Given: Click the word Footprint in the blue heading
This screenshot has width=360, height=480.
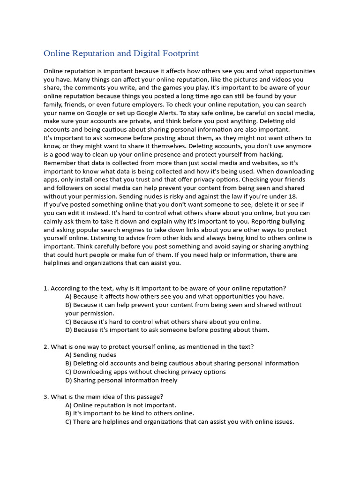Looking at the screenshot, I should (x=181, y=53).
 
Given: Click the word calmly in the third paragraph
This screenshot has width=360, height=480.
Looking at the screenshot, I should (x=55, y=221).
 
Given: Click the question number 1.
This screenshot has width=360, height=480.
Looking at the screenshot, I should (x=45, y=288).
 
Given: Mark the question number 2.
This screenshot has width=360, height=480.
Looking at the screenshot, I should (x=45, y=347).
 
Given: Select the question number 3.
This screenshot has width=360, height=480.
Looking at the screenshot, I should (x=45, y=397).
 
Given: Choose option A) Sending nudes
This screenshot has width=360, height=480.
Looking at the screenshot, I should (x=91, y=355).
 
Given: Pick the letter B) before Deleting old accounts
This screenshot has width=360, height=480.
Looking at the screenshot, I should (x=68, y=363).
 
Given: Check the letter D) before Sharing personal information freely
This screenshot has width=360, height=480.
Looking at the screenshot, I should (x=68, y=380).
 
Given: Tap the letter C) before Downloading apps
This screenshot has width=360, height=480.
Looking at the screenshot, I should (x=68, y=372).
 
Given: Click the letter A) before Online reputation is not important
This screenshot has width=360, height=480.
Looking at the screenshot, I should (x=68, y=405).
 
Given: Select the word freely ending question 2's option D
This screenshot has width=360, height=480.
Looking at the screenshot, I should (x=167, y=380).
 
